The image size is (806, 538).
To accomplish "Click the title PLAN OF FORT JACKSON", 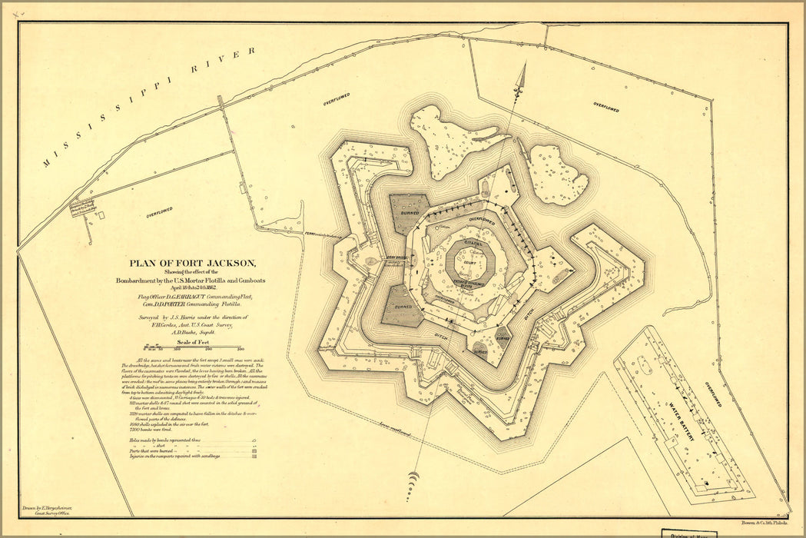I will pos(187,261).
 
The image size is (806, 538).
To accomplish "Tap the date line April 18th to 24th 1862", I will pos(187,287).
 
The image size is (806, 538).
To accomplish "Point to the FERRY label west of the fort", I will pos(311,234).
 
